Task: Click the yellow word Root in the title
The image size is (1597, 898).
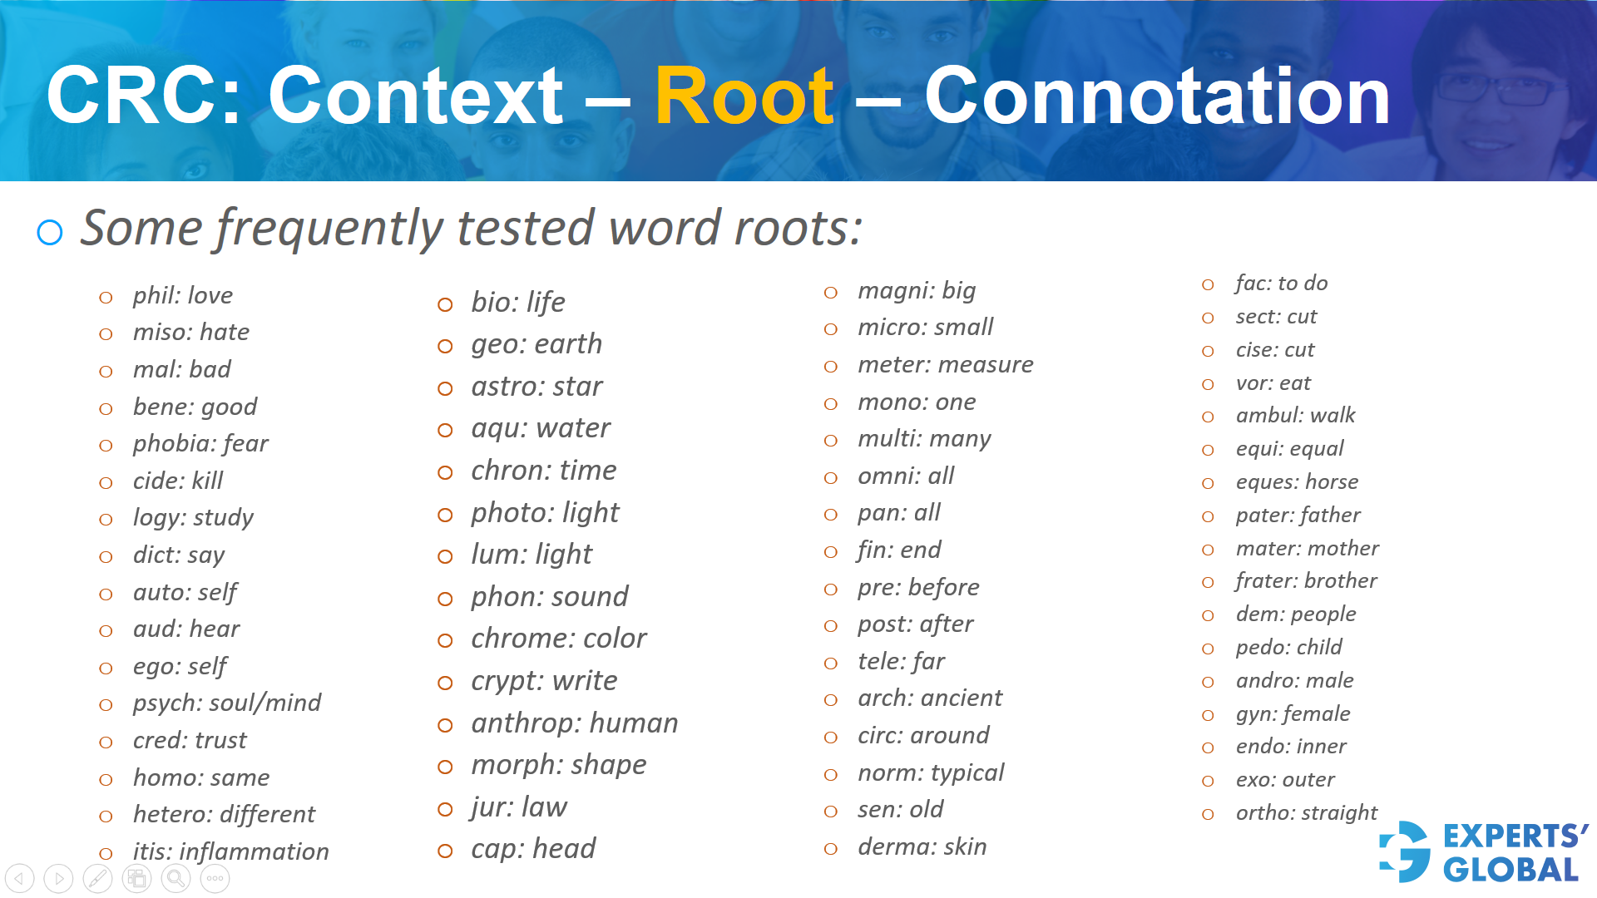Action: (x=744, y=96)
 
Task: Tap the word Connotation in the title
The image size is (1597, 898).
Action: (x=1157, y=96)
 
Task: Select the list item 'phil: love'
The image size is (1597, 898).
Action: (x=182, y=295)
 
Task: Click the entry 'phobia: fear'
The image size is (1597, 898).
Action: (x=200, y=443)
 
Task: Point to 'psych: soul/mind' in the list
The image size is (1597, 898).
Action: (x=226, y=703)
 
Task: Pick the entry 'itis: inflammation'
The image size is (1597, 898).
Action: (x=230, y=851)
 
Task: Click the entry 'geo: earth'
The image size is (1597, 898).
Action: (x=536, y=344)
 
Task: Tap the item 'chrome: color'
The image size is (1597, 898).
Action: (x=558, y=639)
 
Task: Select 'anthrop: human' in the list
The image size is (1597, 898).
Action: (x=574, y=723)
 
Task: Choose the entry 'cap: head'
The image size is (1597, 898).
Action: (x=533, y=849)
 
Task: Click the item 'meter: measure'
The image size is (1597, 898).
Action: (x=945, y=364)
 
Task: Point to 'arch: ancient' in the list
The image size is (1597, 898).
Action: (x=929, y=698)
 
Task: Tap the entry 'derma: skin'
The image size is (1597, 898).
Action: (x=922, y=846)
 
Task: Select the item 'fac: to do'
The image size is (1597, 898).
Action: (x=1281, y=284)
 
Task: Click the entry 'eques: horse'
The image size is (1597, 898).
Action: (x=1297, y=481)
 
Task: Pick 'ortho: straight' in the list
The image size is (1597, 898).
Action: (x=1306, y=812)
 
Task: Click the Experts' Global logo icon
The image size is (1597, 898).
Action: (x=1406, y=851)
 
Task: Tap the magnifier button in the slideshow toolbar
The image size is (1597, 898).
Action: (x=176, y=878)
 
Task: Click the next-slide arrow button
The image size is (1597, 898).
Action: (x=58, y=878)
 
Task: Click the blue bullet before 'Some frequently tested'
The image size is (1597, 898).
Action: (x=50, y=232)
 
